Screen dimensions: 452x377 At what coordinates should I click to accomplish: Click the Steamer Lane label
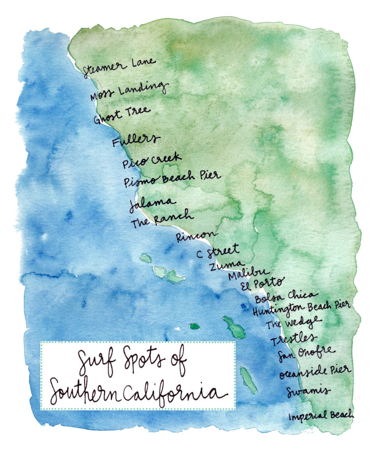click(x=119, y=67)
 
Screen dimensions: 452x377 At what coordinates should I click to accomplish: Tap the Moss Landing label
click(x=128, y=91)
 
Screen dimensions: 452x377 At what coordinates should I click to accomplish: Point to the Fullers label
click(x=135, y=140)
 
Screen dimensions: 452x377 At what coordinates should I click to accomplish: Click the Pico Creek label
click(x=151, y=160)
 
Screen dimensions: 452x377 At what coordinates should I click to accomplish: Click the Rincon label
click(x=195, y=236)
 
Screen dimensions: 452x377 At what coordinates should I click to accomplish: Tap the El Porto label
click(x=263, y=284)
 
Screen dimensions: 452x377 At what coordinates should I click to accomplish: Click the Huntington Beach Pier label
click(x=301, y=308)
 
